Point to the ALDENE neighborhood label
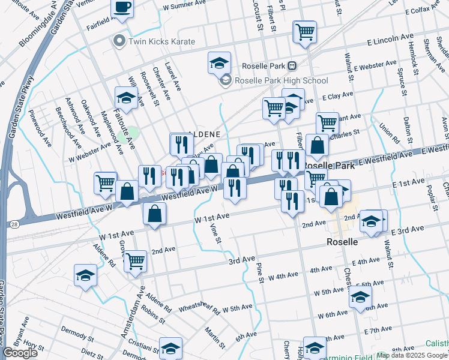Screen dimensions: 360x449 tap(203, 134)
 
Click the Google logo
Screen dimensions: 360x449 tap(20, 353)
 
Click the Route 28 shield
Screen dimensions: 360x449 tap(13, 224)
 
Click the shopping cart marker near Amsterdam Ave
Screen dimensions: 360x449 tap(135, 261)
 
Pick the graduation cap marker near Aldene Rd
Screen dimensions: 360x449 tap(85, 275)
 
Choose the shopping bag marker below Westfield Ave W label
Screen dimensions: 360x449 tap(155, 214)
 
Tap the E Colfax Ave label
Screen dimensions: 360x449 tap(426, 11)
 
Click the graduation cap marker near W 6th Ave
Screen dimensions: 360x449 tap(360, 296)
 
